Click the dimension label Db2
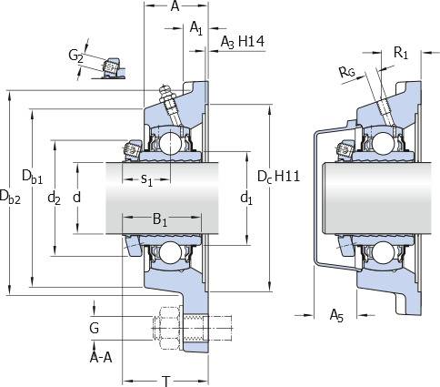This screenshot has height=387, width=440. tap(10, 197)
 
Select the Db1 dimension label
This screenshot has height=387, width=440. tap(32, 177)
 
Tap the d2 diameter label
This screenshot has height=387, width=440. tap(54, 199)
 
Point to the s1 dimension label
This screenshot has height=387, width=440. tap(146, 180)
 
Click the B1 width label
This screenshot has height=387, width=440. tap(160, 219)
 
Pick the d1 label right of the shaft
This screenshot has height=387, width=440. tap(246, 199)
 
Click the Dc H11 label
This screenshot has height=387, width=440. tap(278, 177)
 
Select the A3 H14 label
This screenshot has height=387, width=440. tap(242, 42)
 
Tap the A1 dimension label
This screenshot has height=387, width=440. tap(195, 28)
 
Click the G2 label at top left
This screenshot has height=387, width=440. tap(75, 56)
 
